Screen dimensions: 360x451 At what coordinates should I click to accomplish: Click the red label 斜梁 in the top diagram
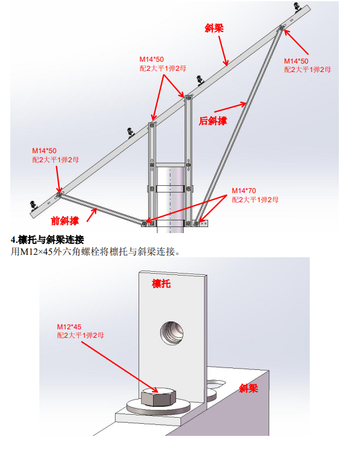[x=214, y=28]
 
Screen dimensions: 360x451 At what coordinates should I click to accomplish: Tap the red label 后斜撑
[x=213, y=121]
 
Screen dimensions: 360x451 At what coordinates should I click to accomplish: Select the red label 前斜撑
[x=65, y=221]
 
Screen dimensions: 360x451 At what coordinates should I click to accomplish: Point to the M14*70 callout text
[x=244, y=191]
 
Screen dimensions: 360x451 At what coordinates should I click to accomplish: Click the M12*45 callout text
[x=69, y=327]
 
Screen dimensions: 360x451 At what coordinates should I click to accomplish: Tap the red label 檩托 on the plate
[x=161, y=284]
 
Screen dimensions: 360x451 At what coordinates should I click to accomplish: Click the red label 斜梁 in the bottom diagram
[x=249, y=389]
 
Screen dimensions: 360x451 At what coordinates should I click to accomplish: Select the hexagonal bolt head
[x=159, y=397]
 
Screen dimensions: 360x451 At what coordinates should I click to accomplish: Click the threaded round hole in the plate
[x=172, y=333]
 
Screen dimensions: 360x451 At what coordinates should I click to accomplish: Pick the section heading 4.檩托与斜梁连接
[x=47, y=239]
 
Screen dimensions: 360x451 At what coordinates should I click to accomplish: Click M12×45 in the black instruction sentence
[x=36, y=252]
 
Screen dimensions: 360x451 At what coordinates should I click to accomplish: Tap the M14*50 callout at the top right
[x=296, y=61]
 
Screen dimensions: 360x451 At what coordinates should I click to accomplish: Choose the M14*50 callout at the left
[x=44, y=151]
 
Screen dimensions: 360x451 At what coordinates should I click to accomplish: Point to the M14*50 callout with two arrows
[x=151, y=59]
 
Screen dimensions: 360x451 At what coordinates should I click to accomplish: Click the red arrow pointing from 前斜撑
[x=92, y=214]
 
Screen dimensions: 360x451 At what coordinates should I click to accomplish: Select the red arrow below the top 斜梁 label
[x=223, y=51]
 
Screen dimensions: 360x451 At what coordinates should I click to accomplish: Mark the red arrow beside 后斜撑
[x=231, y=107]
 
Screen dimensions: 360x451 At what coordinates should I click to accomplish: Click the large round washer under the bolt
[x=159, y=406]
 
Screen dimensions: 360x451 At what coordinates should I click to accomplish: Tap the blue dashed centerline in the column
[x=170, y=201]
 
